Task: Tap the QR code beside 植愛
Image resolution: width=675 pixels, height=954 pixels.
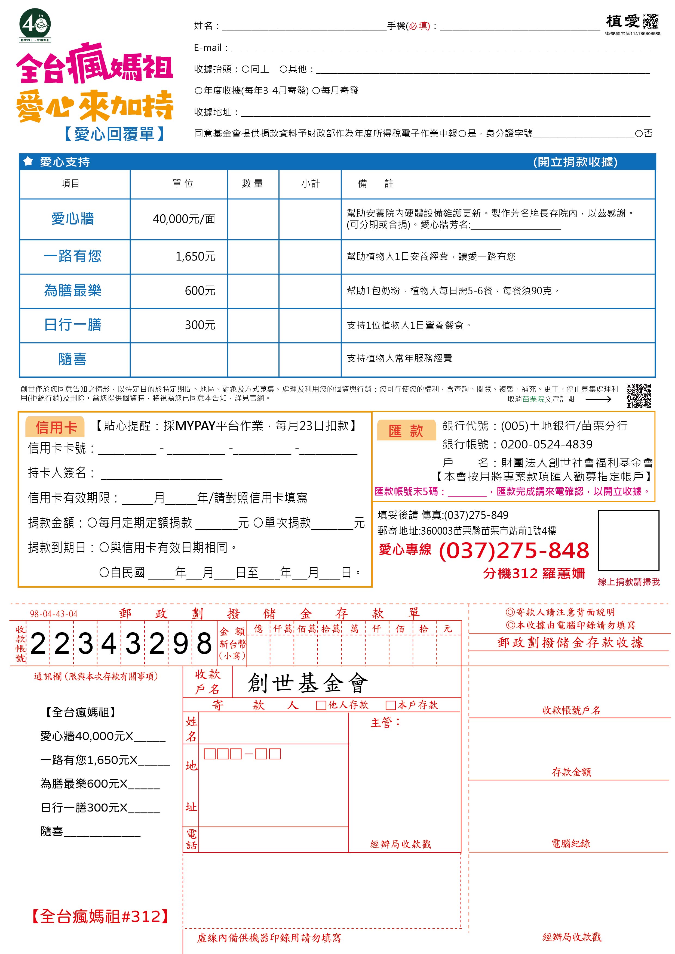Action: click(x=651, y=21)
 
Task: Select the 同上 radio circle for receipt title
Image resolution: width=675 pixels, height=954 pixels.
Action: click(x=246, y=69)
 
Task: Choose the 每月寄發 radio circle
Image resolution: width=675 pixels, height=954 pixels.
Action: click(x=316, y=91)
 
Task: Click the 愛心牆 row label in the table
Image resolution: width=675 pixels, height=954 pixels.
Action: click(x=73, y=219)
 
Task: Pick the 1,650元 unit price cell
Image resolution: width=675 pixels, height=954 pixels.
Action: click(x=195, y=256)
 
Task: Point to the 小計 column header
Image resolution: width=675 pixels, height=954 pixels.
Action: click(x=310, y=184)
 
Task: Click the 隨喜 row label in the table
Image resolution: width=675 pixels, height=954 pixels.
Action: click(x=72, y=359)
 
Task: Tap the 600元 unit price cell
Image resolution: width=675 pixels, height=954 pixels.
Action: click(x=200, y=291)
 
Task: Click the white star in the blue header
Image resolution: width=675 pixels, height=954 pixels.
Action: click(x=28, y=161)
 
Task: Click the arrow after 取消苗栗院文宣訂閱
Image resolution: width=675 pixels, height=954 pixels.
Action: click(x=598, y=399)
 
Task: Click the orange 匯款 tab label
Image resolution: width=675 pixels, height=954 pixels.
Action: click(x=406, y=431)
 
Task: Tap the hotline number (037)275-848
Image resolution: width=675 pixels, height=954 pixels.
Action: click(x=514, y=550)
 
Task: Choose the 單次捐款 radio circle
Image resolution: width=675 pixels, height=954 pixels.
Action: click(x=257, y=523)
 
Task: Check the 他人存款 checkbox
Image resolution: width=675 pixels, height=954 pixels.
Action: click(x=321, y=705)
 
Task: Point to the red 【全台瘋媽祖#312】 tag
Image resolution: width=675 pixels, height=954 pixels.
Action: click(x=100, y=916)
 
